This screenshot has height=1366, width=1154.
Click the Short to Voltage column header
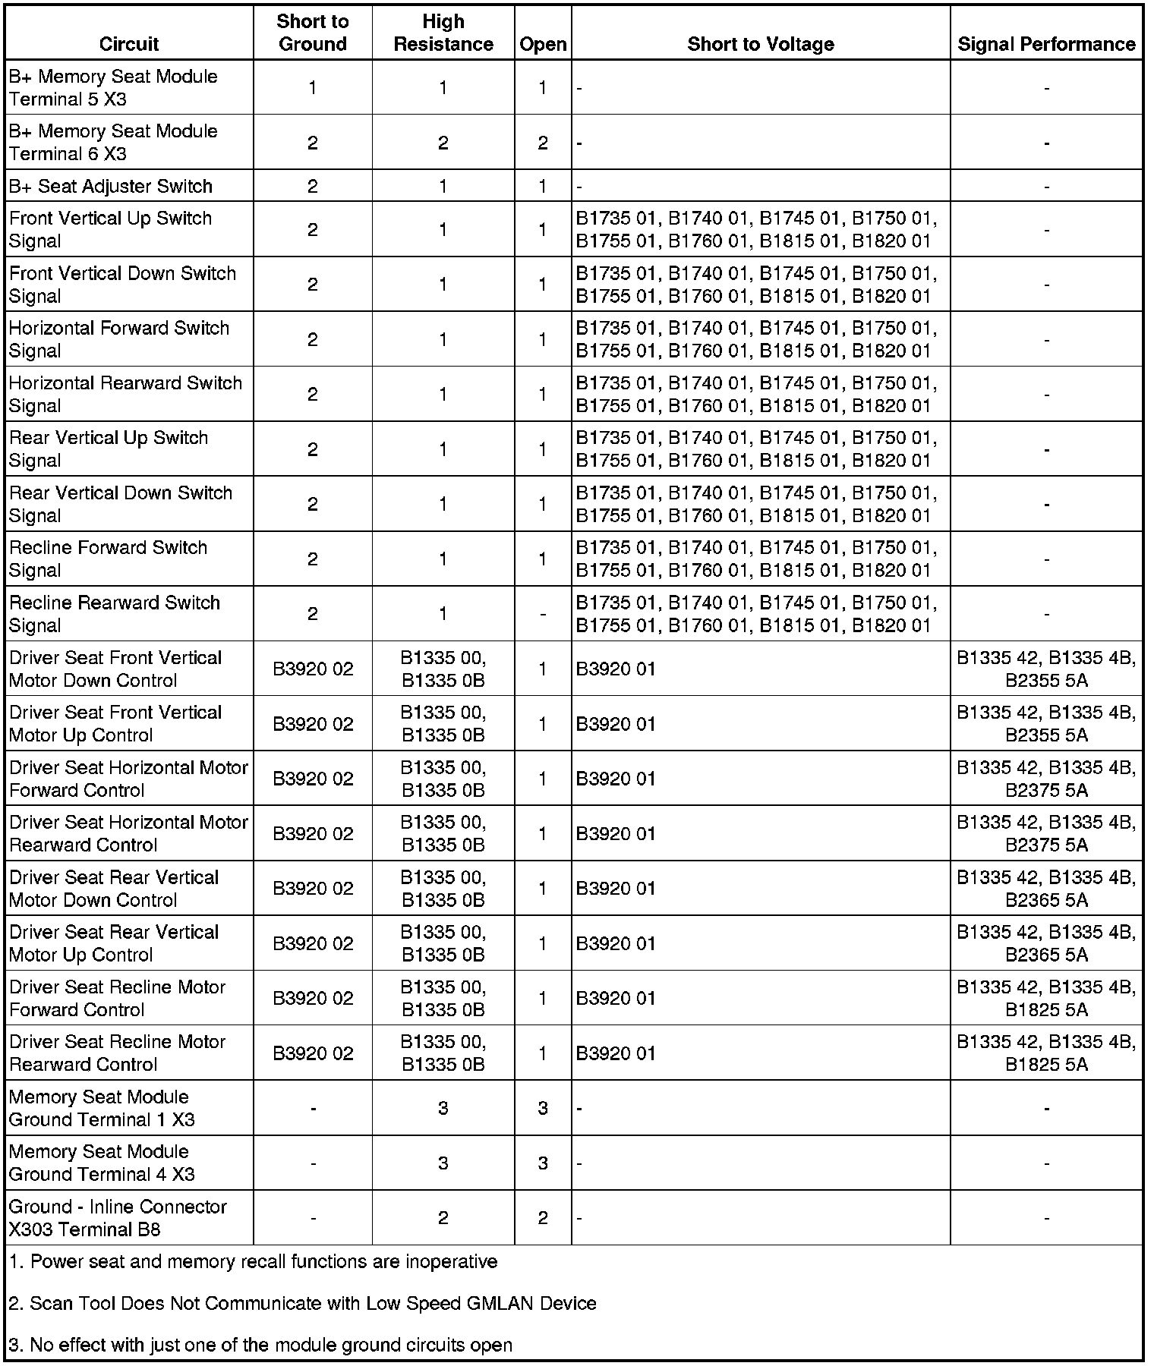click(760, 44)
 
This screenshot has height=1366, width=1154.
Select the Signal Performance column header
click(1046, 44)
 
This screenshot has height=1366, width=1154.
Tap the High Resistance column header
click(443, 33)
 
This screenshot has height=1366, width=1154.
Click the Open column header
click(543, 44)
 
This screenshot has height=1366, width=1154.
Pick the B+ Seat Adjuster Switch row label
click(111, 186)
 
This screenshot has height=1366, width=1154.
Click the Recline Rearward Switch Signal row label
click(115, 613)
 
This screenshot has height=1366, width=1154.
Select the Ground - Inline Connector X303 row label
click(118, 1217)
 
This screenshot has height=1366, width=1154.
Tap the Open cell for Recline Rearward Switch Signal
click(543, 613)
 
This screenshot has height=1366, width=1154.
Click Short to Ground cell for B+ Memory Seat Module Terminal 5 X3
click(313, 87)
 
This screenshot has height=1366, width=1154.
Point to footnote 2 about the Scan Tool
click(302, 1303)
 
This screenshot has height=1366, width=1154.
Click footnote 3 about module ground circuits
click(260, 1345)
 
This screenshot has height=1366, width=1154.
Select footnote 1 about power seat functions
click(253, 1261)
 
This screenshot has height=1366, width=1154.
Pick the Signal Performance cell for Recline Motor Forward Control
click(1046, 998)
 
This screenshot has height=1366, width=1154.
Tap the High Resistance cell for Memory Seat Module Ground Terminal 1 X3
click(443, 1108)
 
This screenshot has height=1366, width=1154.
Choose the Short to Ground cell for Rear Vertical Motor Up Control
click(313, 943)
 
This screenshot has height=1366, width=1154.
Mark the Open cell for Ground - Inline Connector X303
click(543, 1217)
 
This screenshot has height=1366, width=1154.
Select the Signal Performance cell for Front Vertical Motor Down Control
click(1046, 669)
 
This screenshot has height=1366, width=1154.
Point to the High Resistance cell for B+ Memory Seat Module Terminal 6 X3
click(443, 143)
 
